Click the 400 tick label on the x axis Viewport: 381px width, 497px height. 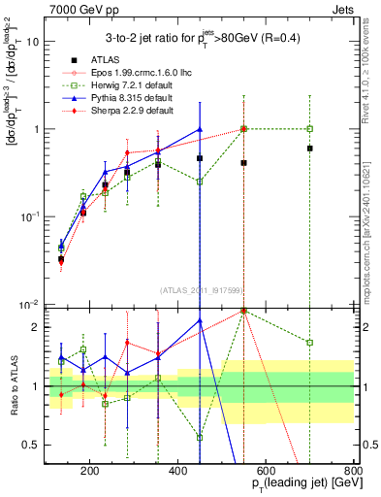click(x=177, y=470)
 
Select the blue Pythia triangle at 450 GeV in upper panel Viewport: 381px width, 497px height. click(x=199, y=129)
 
